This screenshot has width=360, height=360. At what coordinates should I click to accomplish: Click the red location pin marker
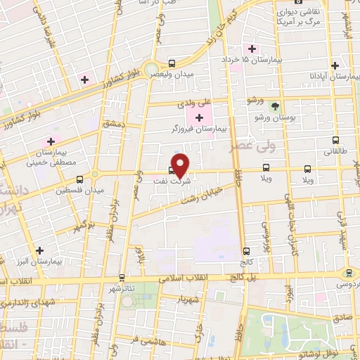click(181, 165)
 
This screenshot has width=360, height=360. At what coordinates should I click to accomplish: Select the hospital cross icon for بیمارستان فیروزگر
click(199, 116)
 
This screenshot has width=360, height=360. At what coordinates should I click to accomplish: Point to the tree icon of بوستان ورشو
click(274, 107)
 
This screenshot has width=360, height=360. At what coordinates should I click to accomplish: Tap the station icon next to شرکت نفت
click(172, 169)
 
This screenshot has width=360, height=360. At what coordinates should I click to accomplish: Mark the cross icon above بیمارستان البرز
click(39, 250)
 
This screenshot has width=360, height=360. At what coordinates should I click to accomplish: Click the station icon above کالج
click(246, 251)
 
